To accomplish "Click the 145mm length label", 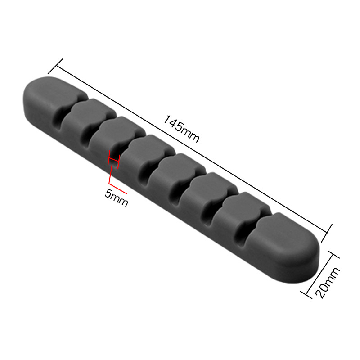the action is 181,129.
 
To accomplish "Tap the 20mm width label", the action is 328,283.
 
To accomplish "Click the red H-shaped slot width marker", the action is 114,159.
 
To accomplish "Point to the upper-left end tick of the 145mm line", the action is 55,66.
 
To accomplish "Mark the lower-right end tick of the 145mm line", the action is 327,233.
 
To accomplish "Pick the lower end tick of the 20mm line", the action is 306,295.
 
